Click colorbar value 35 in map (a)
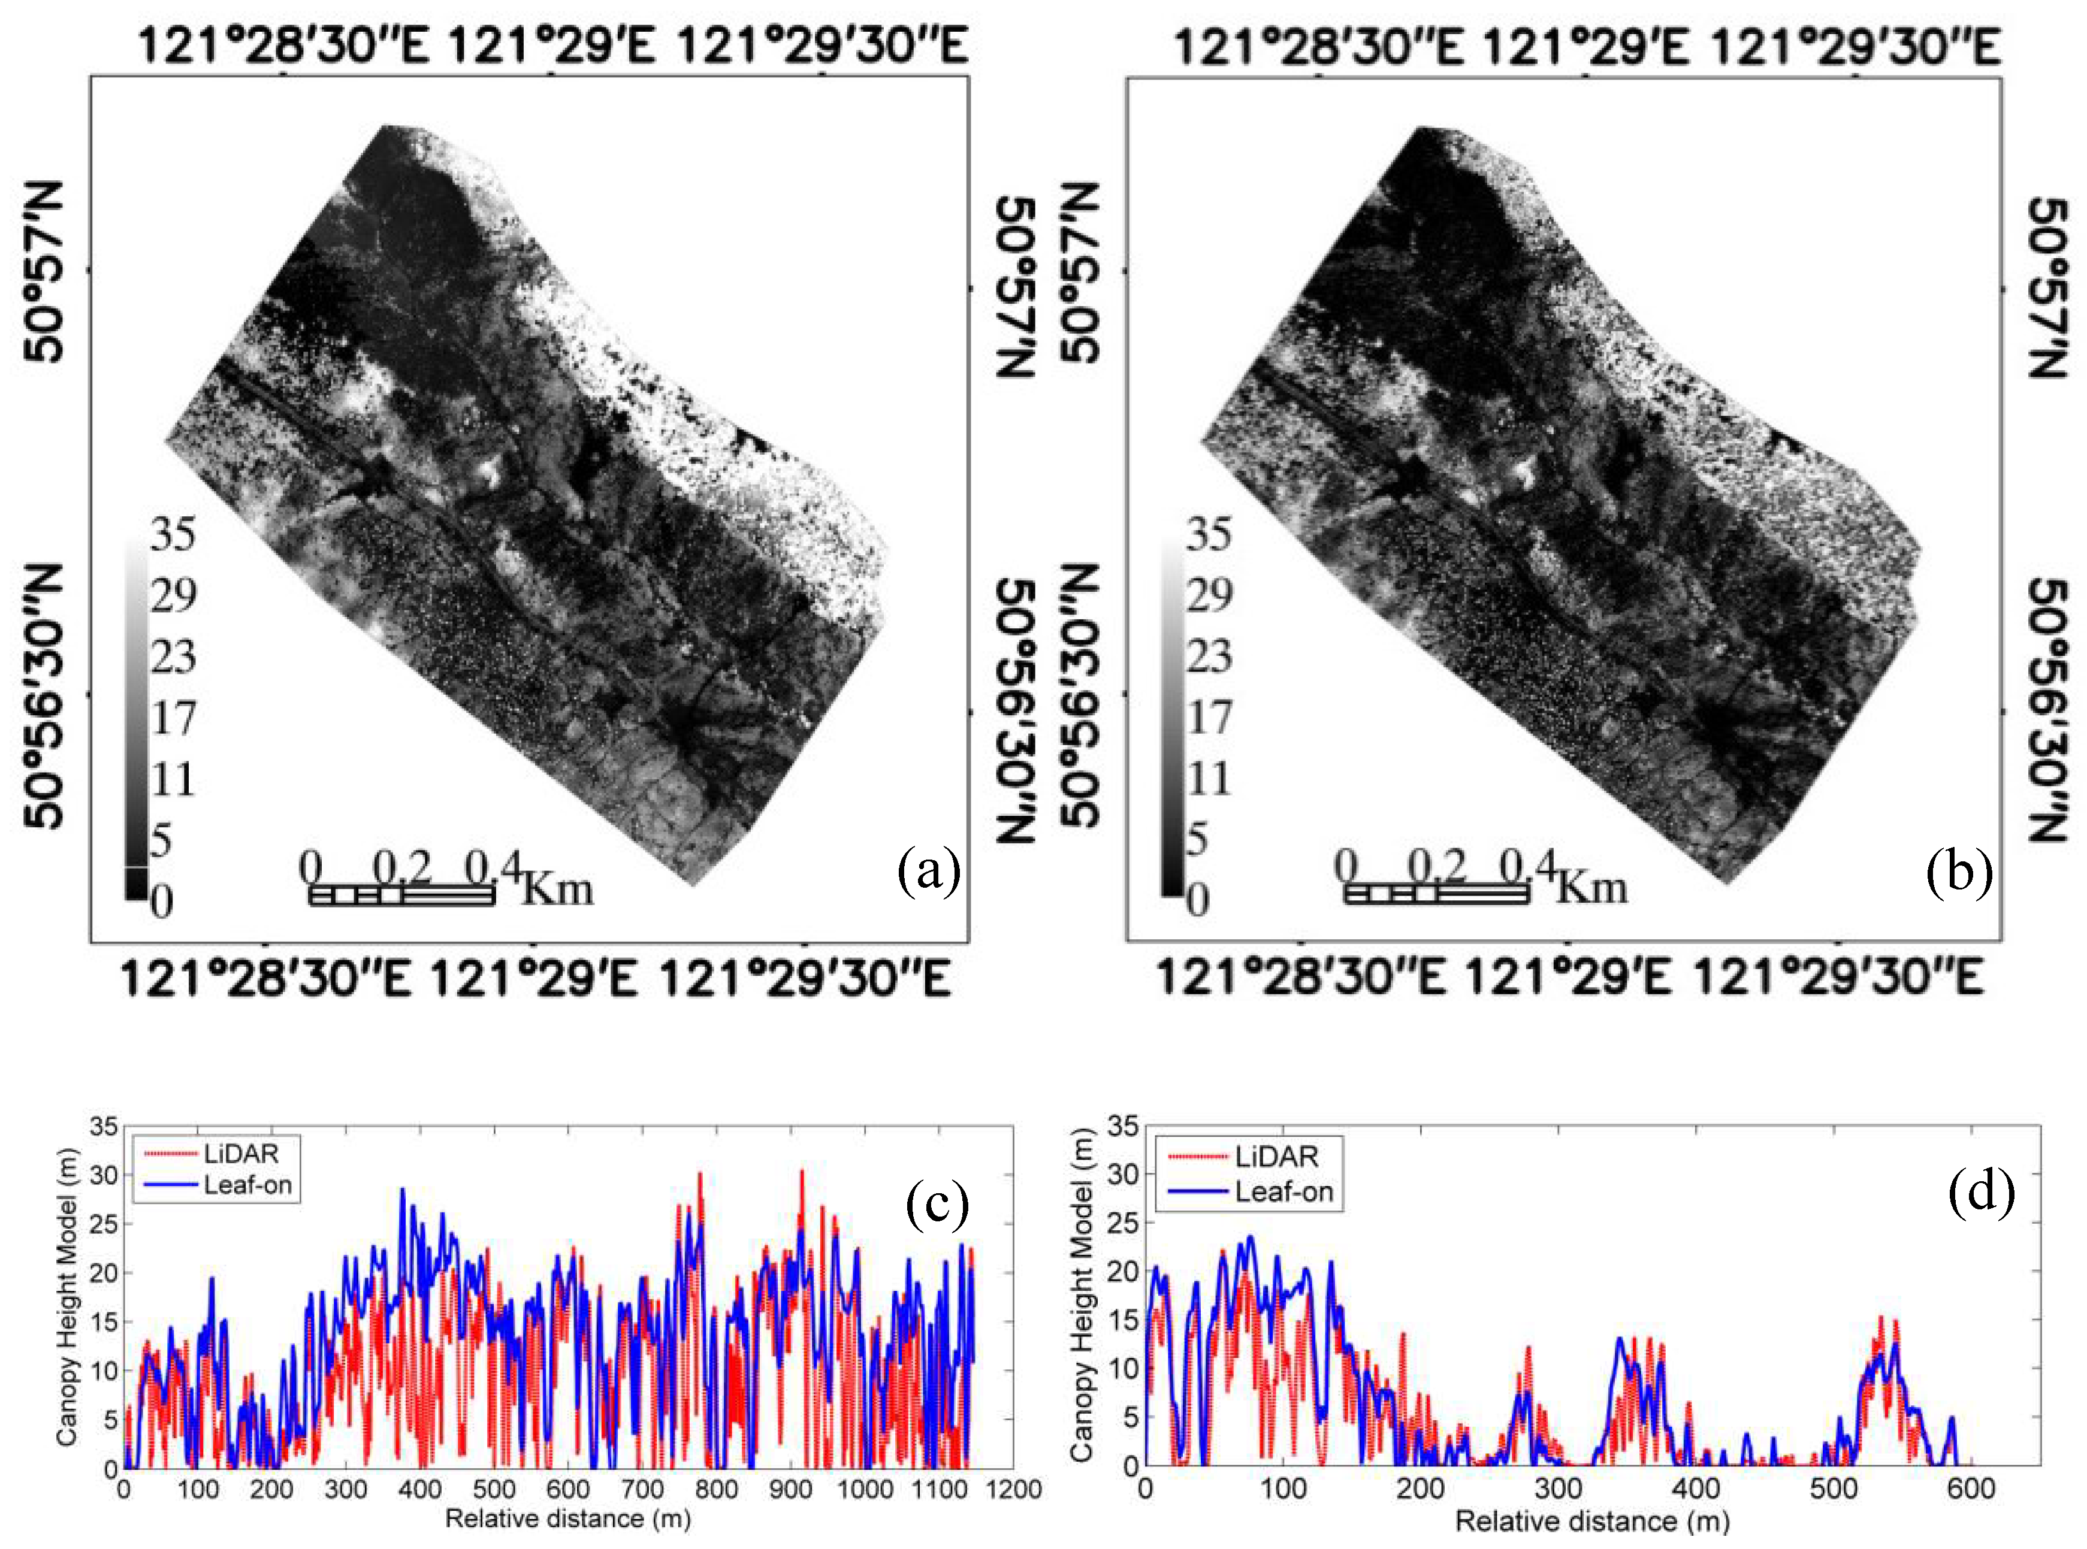click(173, 534)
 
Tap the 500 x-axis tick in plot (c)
click(493, 1489)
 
